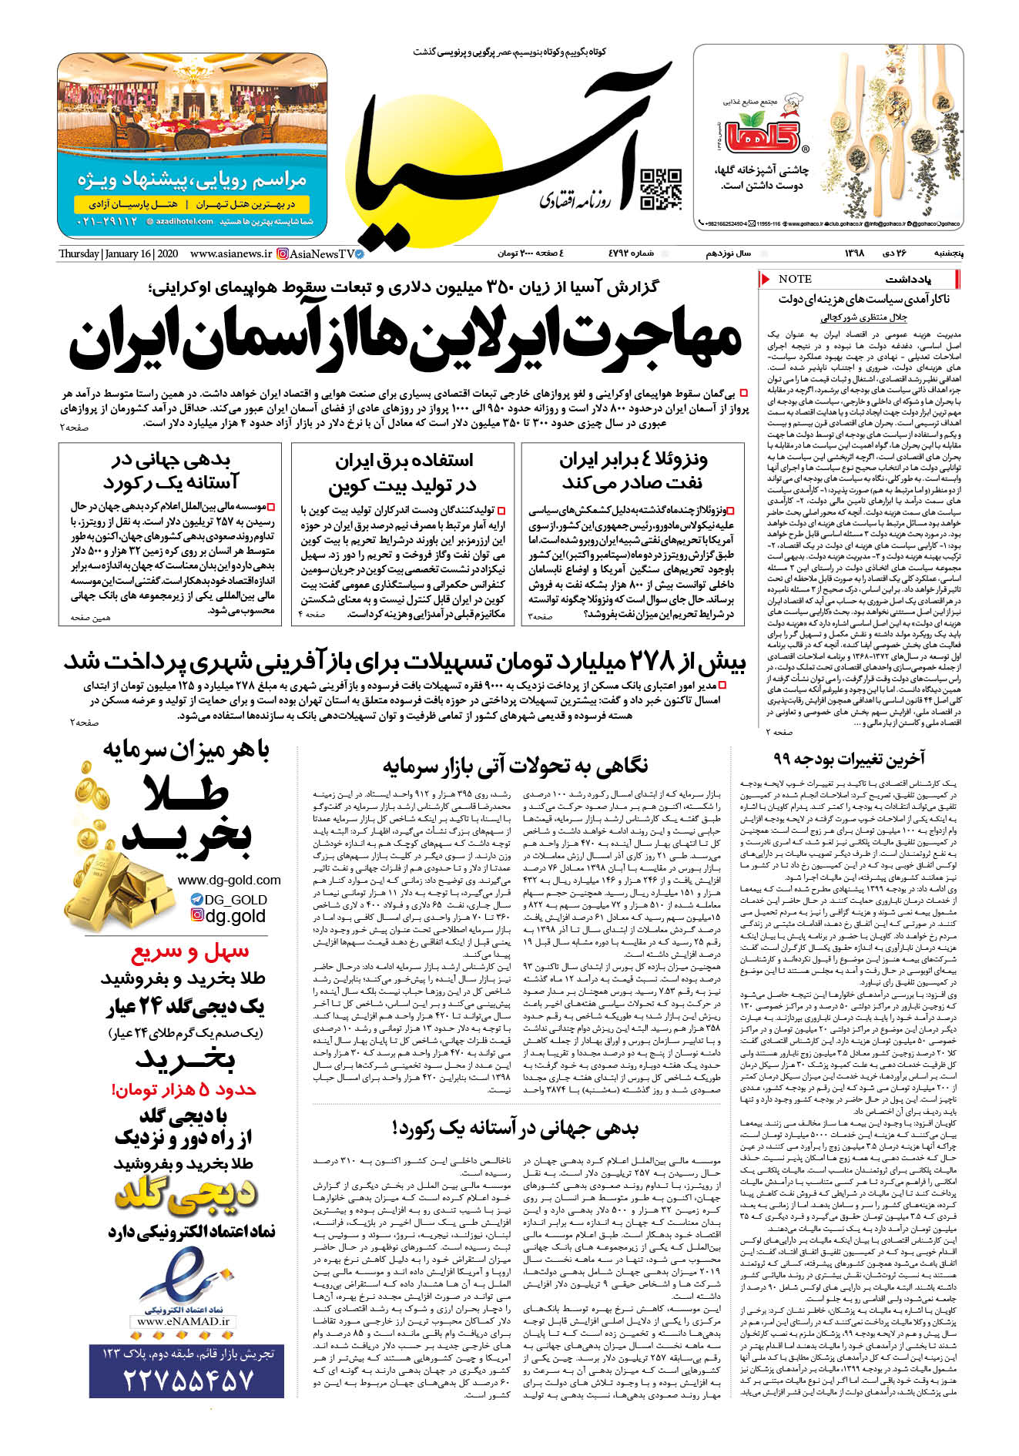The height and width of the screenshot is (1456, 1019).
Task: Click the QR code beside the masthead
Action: coord(661,190)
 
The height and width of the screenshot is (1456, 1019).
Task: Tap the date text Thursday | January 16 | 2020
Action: coord(118,253)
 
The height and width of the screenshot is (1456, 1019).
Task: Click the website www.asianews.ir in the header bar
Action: coord(230,253)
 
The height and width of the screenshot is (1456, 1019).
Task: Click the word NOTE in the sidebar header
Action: coord(795,279)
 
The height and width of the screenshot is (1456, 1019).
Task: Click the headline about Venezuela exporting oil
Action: coord(632,471)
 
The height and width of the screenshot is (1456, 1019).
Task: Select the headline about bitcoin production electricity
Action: coord(403,472)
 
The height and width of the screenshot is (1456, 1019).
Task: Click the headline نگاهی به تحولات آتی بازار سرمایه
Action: coord(515,765)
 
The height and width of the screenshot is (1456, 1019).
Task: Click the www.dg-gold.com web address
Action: coord(229,880)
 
